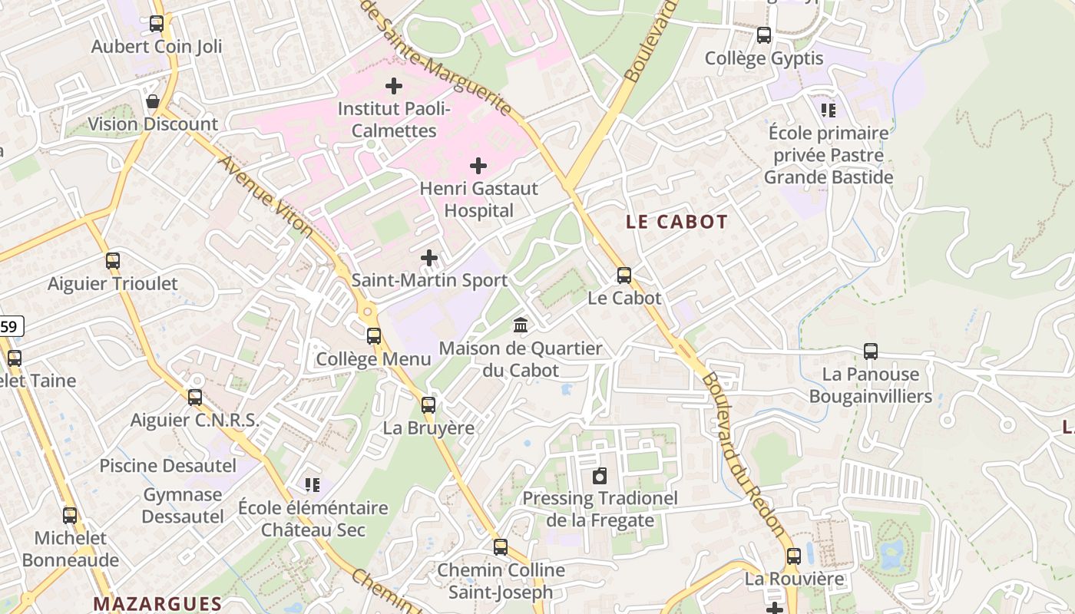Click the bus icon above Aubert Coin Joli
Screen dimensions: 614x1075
pyautogui.click(x=157, y=24)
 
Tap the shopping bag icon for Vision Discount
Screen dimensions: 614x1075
pyautogui.click(x=153, y=101)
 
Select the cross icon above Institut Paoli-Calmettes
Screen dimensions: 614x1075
pyautogui.click(x=394, y=86)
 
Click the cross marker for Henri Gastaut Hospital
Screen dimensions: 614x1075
pyautogui.click(x=478, y=166)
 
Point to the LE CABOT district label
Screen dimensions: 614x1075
pyautogui.click(x=676, y=223)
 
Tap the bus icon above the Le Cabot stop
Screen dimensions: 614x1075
pyautogui.click(x=624, y=275)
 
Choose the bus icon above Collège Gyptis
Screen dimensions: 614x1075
pyautogui.click(x=764, y=35)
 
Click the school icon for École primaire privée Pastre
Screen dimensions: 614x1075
pyautogui.click(x=828, y=111)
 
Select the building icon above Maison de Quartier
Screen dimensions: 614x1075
pyautogui.click(x=521, y=325)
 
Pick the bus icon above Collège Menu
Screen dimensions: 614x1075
pyautogui.click(x=374, y=335)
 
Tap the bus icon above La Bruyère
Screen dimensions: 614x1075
pyautogui.click(x=428, y=404)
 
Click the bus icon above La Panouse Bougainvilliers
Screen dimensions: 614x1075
pyautogui.click(x=871, y=352)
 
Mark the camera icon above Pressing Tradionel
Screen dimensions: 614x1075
pyautogui.click(x=600, y=476)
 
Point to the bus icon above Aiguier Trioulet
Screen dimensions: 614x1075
pyautogui.click(x=113, y=261)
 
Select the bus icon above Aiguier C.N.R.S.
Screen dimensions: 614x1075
pyautogui.click(x=195, y=397)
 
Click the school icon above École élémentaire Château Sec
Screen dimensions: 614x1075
pyautogui.click(x=312, y=485)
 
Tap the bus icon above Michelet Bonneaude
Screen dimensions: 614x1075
pyautogui.click(x=70, y=516)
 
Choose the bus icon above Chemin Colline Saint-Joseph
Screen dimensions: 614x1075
pyautogui.click(x=501, y=547)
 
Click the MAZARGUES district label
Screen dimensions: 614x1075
pyautogui.click(x=157, y=604)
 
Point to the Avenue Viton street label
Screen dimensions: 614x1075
pyautogui.click(x=266, y=196)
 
